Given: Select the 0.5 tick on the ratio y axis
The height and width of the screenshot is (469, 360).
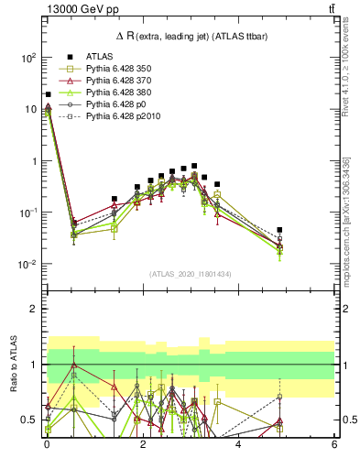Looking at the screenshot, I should [x=30, y=420].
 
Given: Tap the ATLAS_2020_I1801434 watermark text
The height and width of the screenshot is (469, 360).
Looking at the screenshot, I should [x=191, y=274].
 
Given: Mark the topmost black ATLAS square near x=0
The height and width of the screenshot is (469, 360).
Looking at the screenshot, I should [x=48, y=94].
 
